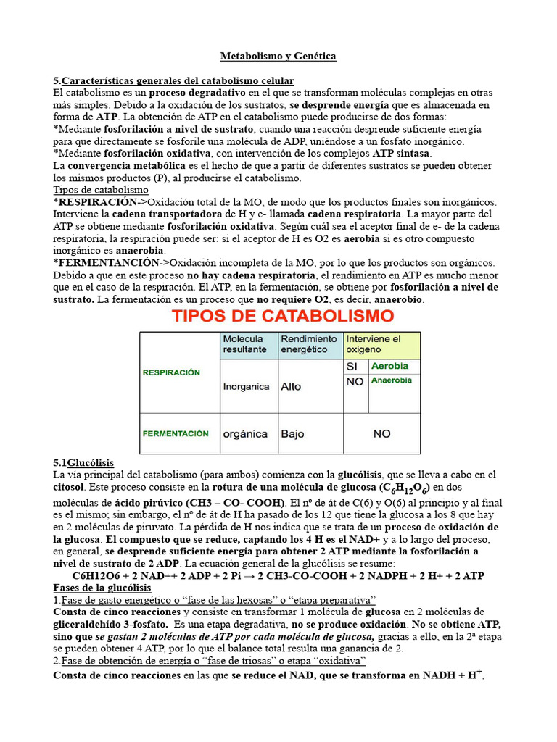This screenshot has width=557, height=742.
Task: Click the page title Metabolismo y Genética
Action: [278, 56]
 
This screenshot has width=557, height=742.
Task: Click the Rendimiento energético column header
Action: [309, 345]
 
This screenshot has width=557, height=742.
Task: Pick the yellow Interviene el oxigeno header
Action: [381, 345]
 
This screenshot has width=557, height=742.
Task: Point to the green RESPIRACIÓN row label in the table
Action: [171, 372]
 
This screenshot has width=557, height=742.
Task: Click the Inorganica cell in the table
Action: [247, 387]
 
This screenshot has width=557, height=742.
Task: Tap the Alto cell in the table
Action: [291, 387]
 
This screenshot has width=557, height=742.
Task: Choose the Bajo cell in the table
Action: [293, 433]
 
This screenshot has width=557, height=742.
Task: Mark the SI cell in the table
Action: [353, 367]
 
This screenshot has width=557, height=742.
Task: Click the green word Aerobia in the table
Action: [389, 367]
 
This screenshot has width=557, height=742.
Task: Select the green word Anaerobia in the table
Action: [391, 380]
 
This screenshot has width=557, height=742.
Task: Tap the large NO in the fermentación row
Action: [381, 433]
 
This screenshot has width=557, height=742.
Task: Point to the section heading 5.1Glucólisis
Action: [83, 462]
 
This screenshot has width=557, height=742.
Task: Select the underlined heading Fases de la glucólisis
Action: [102, 588]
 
